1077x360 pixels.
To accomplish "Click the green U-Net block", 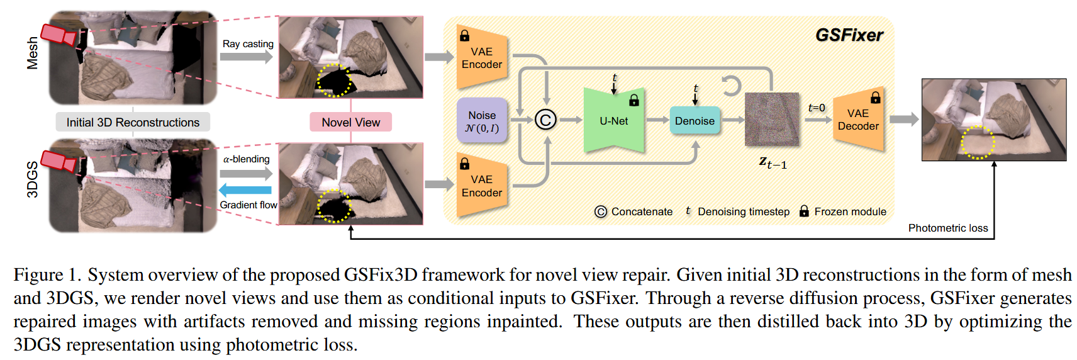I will (613, 121).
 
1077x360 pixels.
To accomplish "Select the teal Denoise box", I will (695, 121).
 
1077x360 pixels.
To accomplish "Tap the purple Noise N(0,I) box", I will (482, 121).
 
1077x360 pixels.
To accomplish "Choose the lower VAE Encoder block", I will (481, 186).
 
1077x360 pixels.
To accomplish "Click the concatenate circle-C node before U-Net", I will (545, 120).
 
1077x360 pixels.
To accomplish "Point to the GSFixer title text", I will (849, 35).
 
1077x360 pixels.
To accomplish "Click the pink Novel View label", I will (350, 122).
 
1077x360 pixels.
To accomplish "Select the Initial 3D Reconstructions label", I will (133, 122).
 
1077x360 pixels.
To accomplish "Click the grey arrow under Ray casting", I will (247, 57).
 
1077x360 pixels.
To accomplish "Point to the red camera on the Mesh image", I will (58, 34).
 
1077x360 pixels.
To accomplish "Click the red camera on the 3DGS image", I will (58, 160).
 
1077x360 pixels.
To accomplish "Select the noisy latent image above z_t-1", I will (772, 120).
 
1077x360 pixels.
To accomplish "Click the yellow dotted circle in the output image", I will (978, 143).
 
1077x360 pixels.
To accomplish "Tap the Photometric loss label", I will (947, 228).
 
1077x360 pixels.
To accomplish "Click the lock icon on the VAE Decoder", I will (875, 98).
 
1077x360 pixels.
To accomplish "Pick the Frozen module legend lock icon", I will (804, 211).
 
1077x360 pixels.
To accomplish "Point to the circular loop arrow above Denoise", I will (731, 86).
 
